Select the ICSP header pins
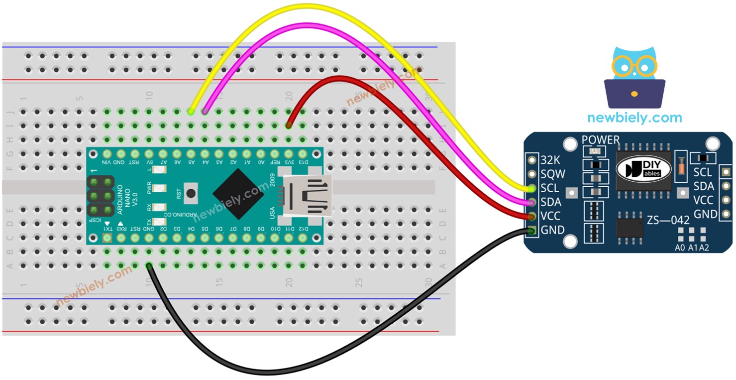[102, 195]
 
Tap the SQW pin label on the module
[551, 174]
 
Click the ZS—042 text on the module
[668, 220]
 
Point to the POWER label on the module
[601, 140]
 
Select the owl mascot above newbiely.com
[634, 79]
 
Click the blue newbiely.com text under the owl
[634, 118]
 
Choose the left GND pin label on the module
[552, 230]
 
